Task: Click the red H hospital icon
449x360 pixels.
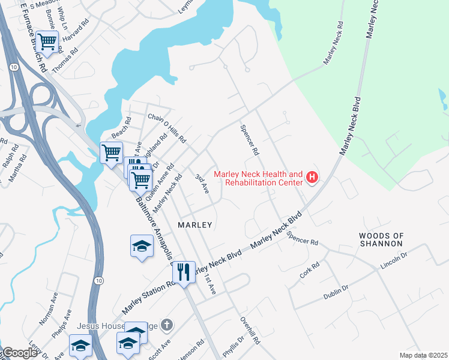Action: pyautogui.click(x=312, y=177)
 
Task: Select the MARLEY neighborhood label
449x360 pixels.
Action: pyautogui.click(x=195, y=224)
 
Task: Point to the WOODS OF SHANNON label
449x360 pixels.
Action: pyautogui.click(x=381, y=239)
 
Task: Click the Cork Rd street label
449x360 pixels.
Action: pyautogui.click(x=310, y=270)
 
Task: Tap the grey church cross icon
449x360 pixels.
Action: pyautogui.click(x=167, y=325)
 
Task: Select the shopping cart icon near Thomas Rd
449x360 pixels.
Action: pyautogui.click(x=47, y=41)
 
